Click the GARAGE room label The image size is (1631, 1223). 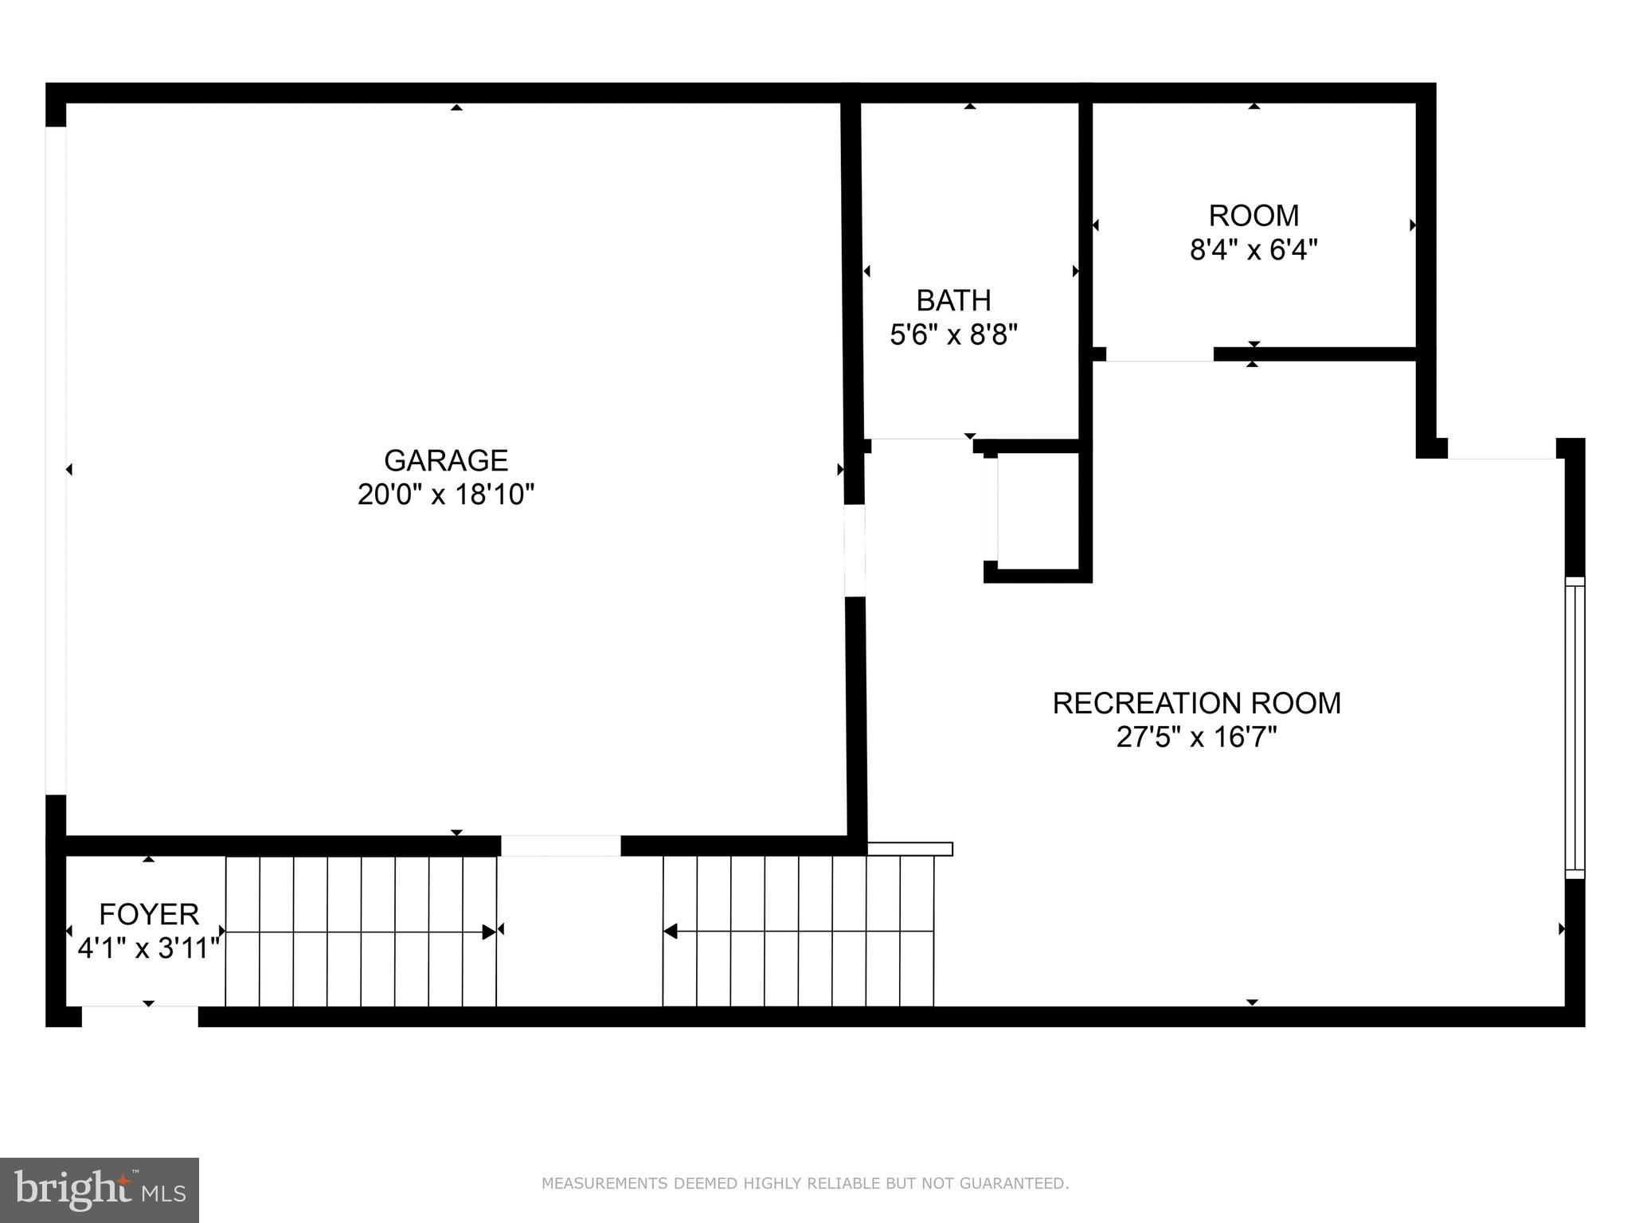pyautogui.click(x=445, y=461)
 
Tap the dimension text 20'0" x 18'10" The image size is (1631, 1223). pyautogui.click(x=445, y=495)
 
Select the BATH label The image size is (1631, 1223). pyautogui.click(x=953, y=301)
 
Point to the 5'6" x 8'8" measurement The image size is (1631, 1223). pyautogui.click(x=953, y=335)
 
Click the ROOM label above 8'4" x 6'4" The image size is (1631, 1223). pyautogui.click(x=1254, y=216)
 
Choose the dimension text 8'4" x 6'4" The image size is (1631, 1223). pyautogui.click(x=1254, y=251)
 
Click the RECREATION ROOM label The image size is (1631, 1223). pyautogui.click(x=1196, y=703)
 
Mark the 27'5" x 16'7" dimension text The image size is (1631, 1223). pyautogui.click(x=1196, y=738)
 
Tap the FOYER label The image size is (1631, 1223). pyautogui.click(x=149, y=914)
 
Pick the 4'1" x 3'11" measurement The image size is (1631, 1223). pyautogui.click(x=149, y=949)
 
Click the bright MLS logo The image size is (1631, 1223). pyautogui.click(x=100, y=1190)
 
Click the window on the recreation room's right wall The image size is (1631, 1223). pyautogui.click(x=1574, y=728)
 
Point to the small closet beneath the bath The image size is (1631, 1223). pyautogui.click(x=1038, y=510)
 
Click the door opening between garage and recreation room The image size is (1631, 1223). pyautogui.click(x=855, y=550)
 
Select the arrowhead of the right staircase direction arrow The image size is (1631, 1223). pyautogui.click(x=671, y=931)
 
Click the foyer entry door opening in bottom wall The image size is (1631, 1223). pyautogui.click(x=139, y=1017)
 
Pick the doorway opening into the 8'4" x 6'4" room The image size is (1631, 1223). pyautogui.click(x=1160, y=355)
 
